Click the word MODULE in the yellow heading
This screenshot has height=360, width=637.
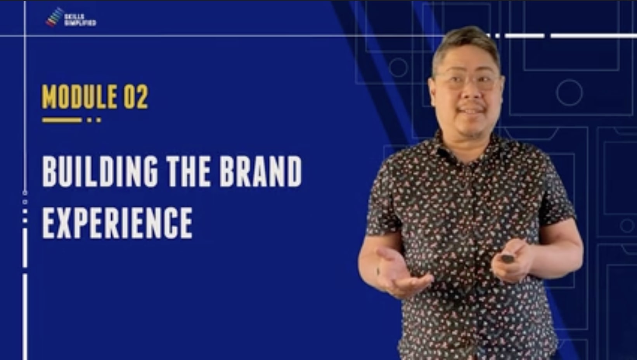(x=79, y=97)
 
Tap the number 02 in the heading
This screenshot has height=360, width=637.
(x=136, y=97)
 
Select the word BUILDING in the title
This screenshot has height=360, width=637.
(x=100, y=171)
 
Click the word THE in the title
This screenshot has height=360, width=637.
(x=189, y=171)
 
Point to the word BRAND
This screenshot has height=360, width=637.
(x=261, y=171)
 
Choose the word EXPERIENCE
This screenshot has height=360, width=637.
(x=117, y=223)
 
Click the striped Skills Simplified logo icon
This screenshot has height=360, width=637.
(x=55, y=17)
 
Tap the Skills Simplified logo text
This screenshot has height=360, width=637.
(x=80, y=20)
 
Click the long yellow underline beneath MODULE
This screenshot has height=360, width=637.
(x=62, y=120)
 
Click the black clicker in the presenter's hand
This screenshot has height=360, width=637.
(x=507, y=258)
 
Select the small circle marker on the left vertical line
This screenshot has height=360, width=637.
(x=25, y=193)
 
